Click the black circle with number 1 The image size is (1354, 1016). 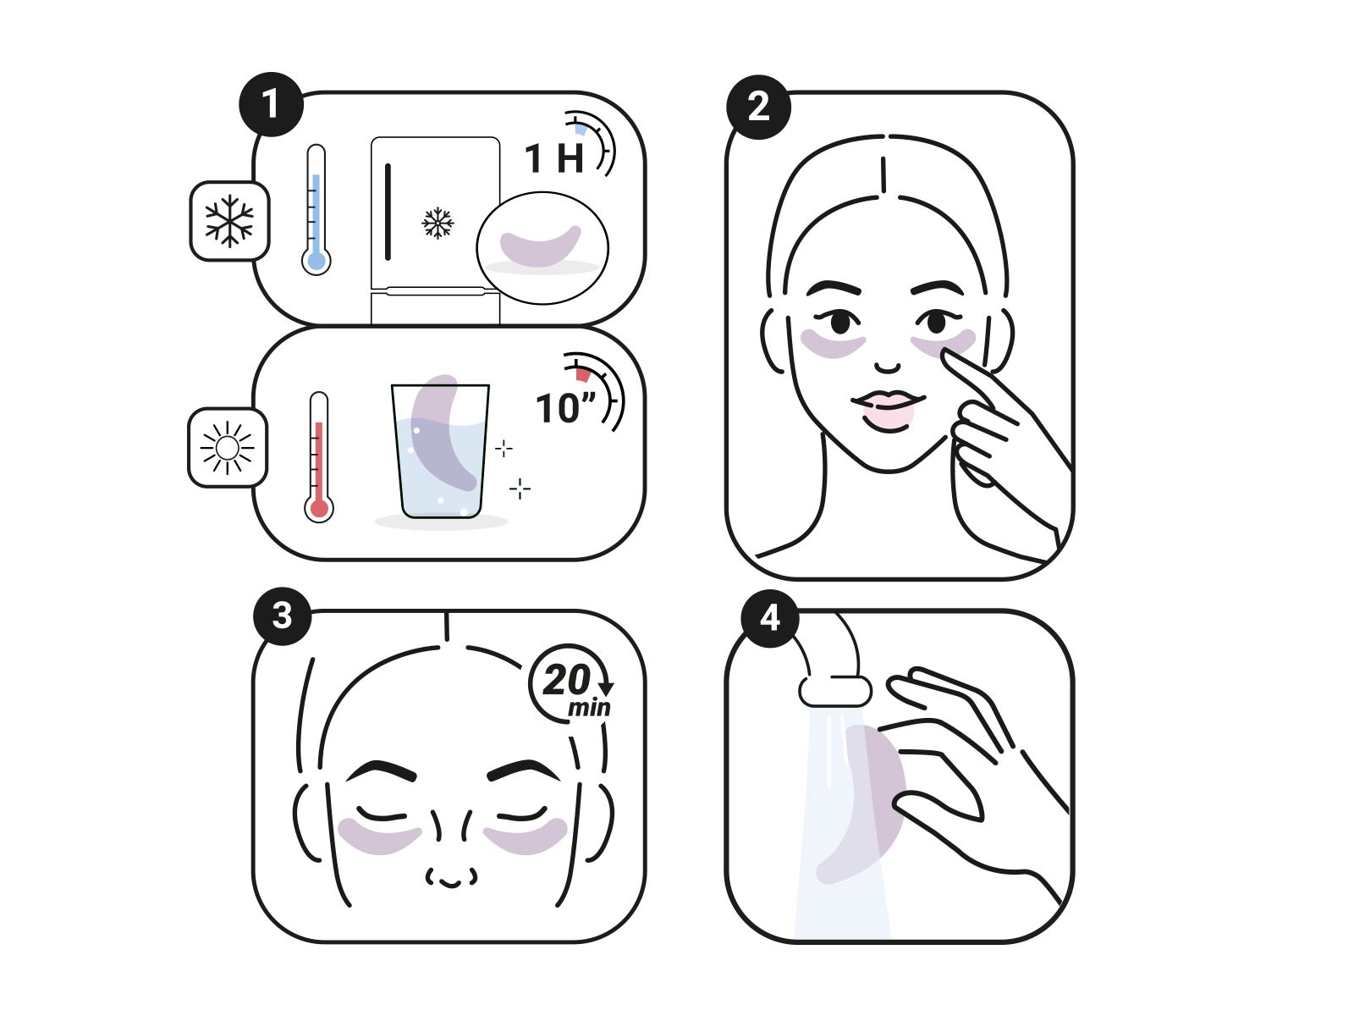(x=271, y=104)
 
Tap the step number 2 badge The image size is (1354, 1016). (x=758, y=107)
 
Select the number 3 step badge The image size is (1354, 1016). (x=282, y=616)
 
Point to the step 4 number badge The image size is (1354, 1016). (x=770, y=618)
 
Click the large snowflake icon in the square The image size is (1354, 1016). (x=229, y=221)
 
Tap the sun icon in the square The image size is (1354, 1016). (x=228, y=448)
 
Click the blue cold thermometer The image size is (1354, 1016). (x=316, y=210)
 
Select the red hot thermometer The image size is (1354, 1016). (x=318, y=457)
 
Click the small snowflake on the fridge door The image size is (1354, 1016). (x=438, y=223)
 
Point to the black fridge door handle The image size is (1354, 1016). (x=388, y=212)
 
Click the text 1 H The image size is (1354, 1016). (x=554, y=158)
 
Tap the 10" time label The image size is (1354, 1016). (x=565, y=408)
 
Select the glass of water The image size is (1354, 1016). (x=440, y=451)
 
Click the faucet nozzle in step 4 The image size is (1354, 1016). (x=835, y=692)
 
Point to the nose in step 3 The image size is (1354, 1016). (x=451, y=851)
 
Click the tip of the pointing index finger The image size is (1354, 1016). (x=945, y=353)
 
